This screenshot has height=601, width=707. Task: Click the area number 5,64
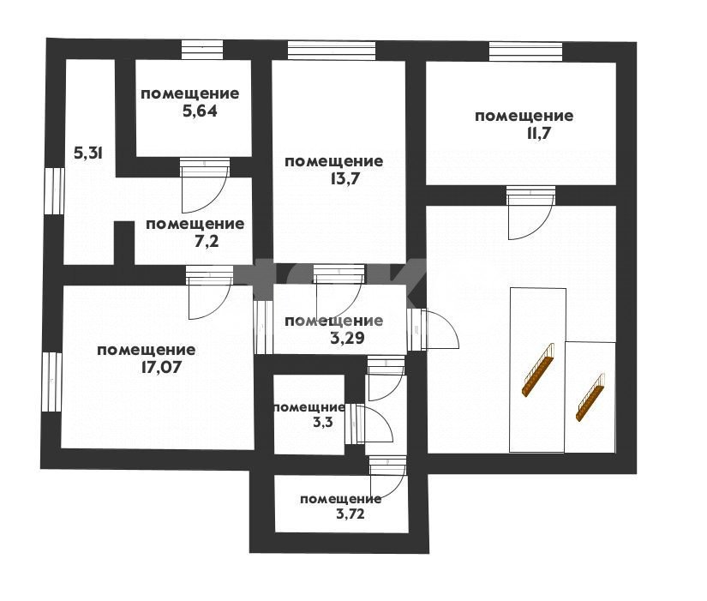(x=200, y=111)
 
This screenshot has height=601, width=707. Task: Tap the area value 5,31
(x=89, y=153)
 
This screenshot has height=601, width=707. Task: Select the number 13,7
(x=345, y=179)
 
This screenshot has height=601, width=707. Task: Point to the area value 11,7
(x=536, y=134)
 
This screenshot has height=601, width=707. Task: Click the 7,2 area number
(x=206, y=242)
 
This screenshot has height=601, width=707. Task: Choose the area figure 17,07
(x=161, y=367)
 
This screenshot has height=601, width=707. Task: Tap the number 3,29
(x=347, y=338)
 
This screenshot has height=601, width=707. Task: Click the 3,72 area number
(x=351, y=514)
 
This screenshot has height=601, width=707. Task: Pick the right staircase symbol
(x=590, y=397)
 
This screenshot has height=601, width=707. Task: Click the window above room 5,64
(x=202, y=50)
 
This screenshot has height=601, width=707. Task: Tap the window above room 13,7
(x=332, y=51)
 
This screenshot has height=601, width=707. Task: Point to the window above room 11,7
(x=525, y=51)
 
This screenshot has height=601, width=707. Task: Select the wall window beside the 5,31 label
(x=54, y=191)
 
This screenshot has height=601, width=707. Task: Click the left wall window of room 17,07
(x=52, y=382)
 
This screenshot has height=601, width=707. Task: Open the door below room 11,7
(x=530, y=213)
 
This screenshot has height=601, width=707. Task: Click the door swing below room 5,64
(x=204, y=185)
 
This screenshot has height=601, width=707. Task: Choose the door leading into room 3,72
(x=387, y=477)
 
